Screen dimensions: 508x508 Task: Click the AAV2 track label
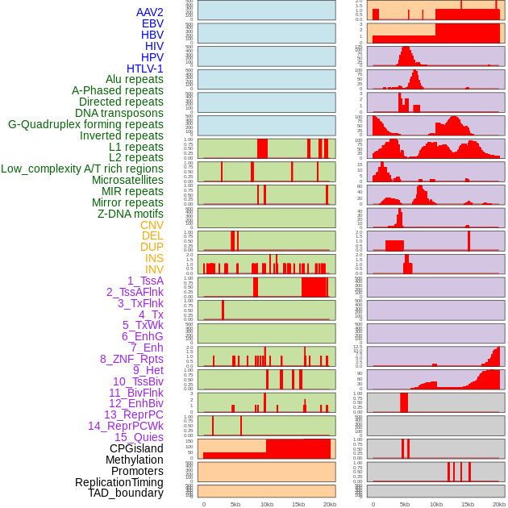coord(150,12)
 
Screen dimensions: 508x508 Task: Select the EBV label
coord(152,23)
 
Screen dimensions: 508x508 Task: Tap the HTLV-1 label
coord(145,69)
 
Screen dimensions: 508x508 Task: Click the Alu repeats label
coord(135,79)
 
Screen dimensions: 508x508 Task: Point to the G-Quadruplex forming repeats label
coord(85,124)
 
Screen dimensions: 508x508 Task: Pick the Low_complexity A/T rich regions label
coord(82,169)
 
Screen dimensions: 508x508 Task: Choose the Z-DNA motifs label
coord(131,214)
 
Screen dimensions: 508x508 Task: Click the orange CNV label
coord(152,225)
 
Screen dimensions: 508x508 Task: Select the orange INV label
coord(154,269)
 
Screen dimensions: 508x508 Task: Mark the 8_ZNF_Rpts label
coord(131,359)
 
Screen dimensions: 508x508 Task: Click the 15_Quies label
coord(139,437)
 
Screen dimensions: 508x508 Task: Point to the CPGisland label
coord(136,448)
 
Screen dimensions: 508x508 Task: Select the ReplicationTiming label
coord(119,482)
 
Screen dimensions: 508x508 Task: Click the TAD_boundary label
coord(126,493)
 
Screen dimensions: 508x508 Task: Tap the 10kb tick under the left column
coord(267,504)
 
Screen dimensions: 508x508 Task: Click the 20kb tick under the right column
coord(499,504)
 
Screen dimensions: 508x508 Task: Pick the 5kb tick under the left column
coord(235,504)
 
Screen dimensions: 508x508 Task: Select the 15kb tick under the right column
coord(468,504)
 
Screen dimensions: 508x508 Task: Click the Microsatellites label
coord(127,180)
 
